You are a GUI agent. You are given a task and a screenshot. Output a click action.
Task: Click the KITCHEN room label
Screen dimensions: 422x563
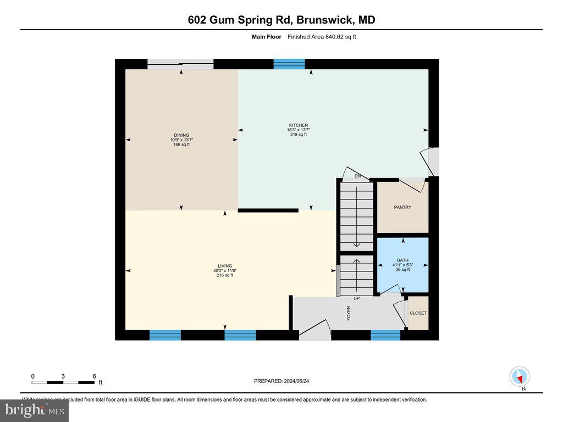(x=297, y=125)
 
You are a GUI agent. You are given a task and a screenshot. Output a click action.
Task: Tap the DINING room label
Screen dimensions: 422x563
(x=181, y=135)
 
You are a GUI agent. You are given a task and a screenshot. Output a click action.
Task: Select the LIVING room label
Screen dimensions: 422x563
(x=224, y=265)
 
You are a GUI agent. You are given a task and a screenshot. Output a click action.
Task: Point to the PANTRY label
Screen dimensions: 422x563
(x=402, y=207)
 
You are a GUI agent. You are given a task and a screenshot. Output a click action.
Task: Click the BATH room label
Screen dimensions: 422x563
(x=402, y=260)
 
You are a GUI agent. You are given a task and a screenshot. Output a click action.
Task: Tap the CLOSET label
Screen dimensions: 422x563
(x=418, y=313)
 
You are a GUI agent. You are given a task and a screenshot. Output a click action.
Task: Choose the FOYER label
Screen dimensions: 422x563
(x=349, y=313)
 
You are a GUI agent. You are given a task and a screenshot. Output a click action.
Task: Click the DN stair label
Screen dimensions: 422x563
(x=357, y=176)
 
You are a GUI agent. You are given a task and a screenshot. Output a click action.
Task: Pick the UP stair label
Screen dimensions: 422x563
(x=356, y=298)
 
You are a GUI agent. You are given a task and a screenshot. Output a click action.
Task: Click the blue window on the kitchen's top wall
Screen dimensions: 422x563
(x=289, y=64)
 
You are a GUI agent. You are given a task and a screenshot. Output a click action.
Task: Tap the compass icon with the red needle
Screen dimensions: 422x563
(x=519, y=377)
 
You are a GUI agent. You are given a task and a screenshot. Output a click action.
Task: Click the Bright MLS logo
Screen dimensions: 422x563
(x=35, y=410)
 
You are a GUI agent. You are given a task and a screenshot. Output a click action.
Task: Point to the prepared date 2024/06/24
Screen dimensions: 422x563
(x=285, y=381)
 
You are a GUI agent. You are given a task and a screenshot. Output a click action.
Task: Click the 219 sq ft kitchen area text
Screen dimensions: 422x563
(x=297, y=135)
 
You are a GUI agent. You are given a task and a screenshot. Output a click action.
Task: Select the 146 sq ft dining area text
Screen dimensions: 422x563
(x=181, y=145)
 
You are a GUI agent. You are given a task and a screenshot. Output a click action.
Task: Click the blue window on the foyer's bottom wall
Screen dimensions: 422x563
(x=385, y=335)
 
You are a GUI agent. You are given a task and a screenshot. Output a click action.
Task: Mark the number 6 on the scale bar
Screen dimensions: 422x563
(x=94, y=376)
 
